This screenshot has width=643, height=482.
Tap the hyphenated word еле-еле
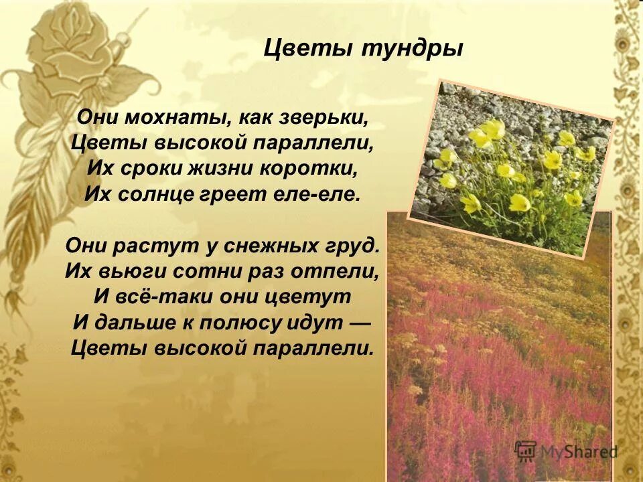click(x=324, y=195)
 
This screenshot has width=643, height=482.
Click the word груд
click(x=356, y=246)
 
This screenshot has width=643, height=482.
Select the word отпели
click(x=341, y=272)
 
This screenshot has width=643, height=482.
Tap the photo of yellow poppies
click(x=512, y=167)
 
